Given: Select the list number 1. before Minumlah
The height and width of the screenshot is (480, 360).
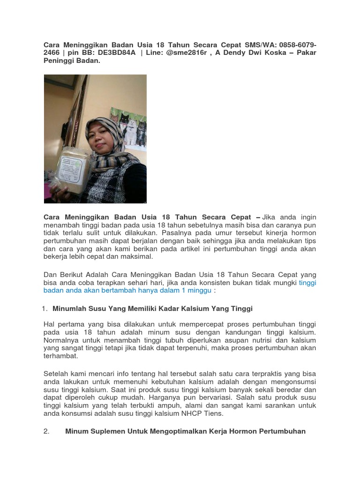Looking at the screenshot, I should tap(45, 309).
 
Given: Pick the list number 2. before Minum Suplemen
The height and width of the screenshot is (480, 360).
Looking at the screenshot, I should tap(46, 432).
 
